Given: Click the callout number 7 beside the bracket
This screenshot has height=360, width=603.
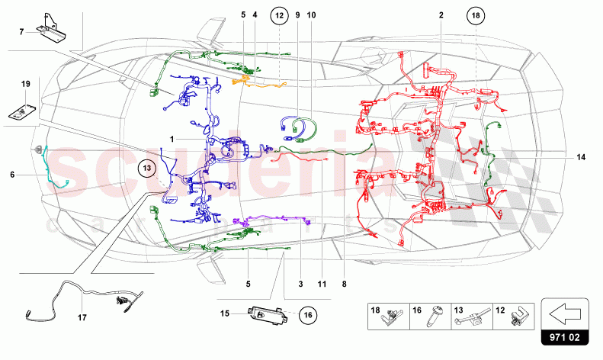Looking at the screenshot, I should tap(21, 31).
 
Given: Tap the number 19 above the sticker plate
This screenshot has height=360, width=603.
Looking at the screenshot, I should tap(24, 83).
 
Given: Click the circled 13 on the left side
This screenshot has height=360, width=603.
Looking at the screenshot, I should tap(146, 169).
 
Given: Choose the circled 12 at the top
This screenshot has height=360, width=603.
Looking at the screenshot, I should tap(279, 15).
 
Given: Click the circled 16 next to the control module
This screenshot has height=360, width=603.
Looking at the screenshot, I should tap(306, 313).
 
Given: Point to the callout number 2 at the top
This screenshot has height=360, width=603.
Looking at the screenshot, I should tap(441, 14).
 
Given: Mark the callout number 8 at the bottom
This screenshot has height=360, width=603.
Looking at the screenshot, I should tap(344, 284).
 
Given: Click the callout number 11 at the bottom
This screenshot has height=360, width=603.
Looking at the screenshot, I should tap(322, 284).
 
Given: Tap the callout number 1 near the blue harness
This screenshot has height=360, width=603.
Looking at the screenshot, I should tap(173, 139).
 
